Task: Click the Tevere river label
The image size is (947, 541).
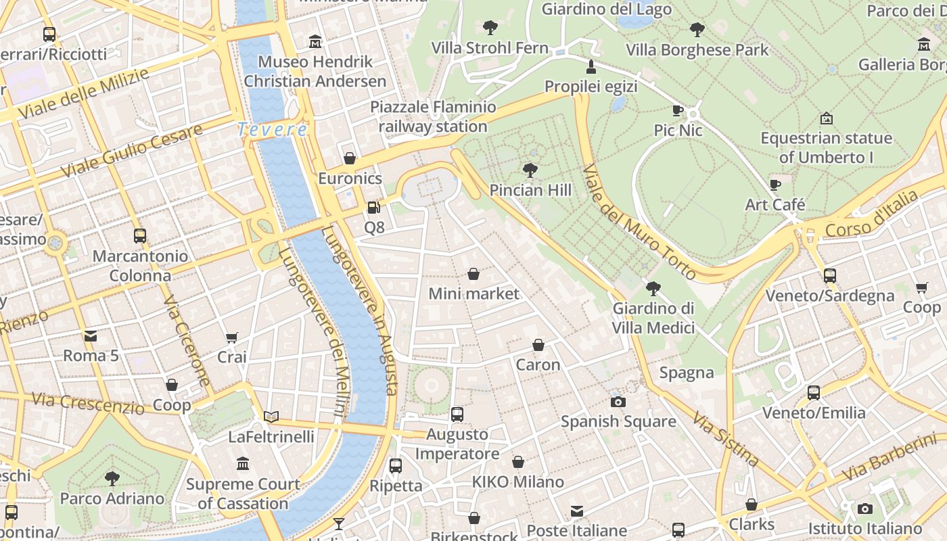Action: (273, 129)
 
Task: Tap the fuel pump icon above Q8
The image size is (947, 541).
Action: (373, 208)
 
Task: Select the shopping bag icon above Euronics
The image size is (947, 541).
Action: (350, 158)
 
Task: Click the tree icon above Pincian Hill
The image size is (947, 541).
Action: (530, 170)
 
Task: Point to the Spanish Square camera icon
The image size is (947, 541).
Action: (618, 402)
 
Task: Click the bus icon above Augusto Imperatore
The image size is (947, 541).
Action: (457, 414)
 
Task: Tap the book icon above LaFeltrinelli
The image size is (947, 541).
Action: (271, 417)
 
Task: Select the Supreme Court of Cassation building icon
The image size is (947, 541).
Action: (243, 464)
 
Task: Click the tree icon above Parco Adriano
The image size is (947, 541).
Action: (112, 479)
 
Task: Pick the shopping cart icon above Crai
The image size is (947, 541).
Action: (232, 337)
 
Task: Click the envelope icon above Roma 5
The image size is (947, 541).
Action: (90, 335)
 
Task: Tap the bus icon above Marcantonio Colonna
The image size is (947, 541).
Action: (140, 236)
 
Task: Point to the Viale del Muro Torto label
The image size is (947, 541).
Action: (639, 222)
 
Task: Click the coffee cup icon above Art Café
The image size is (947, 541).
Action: (775, 185)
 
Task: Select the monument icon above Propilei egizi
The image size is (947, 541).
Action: (591, 66)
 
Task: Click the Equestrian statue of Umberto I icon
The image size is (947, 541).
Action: (826, 118)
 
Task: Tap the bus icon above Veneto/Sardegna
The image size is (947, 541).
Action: (830, 275)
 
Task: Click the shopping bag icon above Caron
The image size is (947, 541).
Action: (538, 345)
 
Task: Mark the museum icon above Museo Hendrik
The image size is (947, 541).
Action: (315, 42)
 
